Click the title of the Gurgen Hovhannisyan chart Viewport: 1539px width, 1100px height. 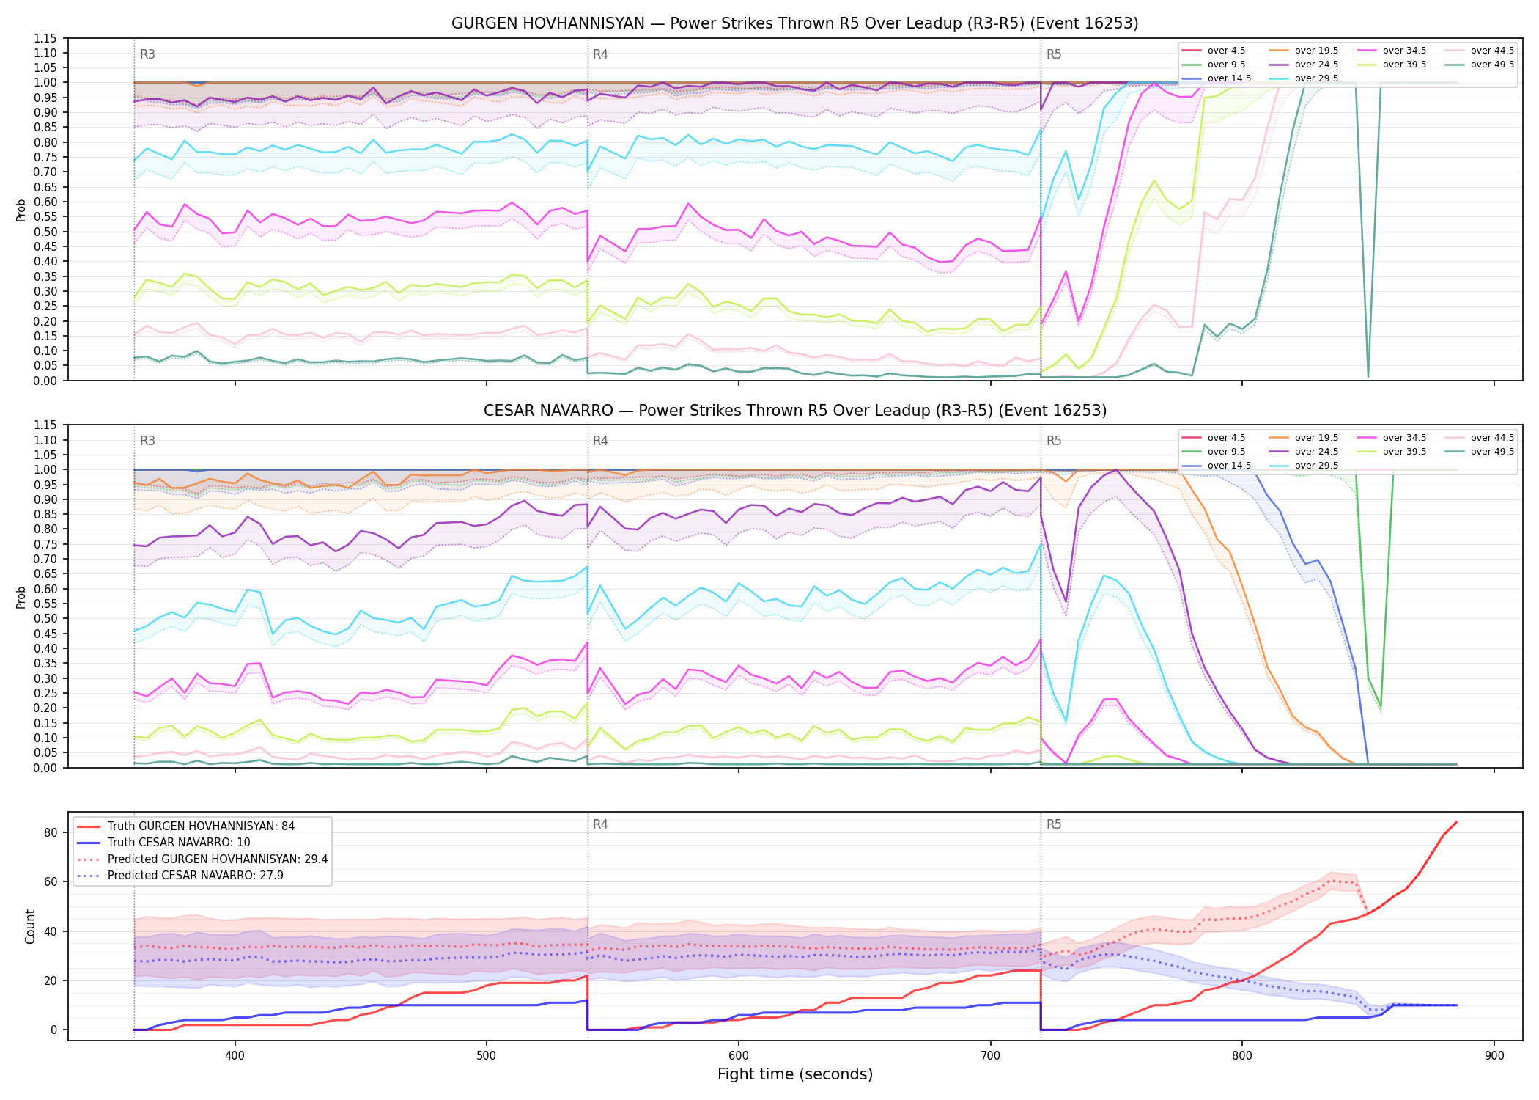[794, 23]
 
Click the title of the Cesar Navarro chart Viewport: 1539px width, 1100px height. [794, 411]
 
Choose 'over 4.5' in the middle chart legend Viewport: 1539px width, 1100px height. [1226, 438]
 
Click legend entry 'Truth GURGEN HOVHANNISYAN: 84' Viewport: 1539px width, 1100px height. [201, 826]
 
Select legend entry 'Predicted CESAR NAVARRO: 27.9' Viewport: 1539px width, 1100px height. [195, 875]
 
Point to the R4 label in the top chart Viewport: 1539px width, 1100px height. [600, 54]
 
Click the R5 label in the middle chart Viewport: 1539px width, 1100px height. [1054, 441]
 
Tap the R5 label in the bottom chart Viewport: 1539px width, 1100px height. [1054, 824]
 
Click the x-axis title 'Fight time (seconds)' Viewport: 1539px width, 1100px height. [795, 1074]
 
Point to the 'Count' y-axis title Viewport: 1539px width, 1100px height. [30, 926]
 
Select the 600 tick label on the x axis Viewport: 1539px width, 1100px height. [738, 1056]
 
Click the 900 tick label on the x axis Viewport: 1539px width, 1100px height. [1494, 1056]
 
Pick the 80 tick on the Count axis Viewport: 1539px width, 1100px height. [51, 832]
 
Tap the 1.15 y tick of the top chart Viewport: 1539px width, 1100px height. [45, 38]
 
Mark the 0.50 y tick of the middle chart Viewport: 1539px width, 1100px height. [45, 619]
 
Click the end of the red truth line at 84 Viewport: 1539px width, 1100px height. [1456, 822]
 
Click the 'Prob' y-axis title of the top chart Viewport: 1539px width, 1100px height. [21, 210]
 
